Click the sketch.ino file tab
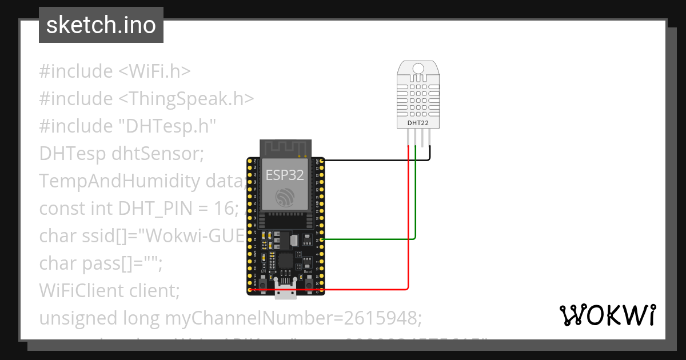tap(101, 25)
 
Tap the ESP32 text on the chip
tap(285, 175)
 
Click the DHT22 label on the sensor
tap(418, 123)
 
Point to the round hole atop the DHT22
tap(418, 69)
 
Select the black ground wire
tap(372, 161)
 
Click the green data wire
tap(372, 239)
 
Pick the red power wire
tap(366, 290)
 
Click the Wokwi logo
tap(607, 315)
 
